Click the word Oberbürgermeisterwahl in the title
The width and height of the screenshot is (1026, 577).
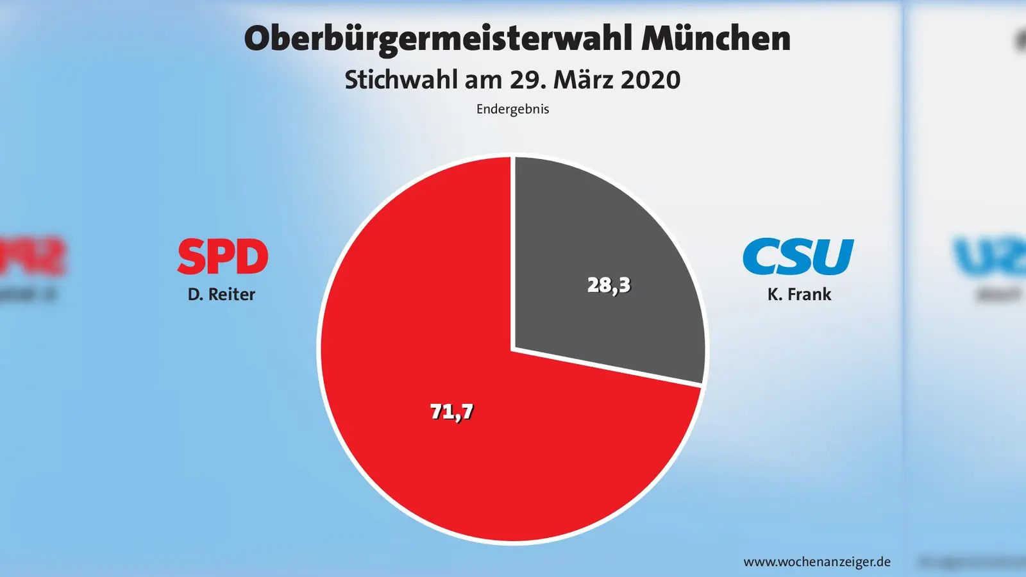pos(439,38)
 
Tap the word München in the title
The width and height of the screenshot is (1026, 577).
pos(716,38)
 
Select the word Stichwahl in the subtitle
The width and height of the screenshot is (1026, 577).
pos(401,80)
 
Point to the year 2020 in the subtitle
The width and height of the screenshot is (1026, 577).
pos(650,80)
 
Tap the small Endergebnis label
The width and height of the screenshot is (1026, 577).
pos(512,109)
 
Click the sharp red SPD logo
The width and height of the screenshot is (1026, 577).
pos(223,256)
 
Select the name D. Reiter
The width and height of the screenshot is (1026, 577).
pos(221,294)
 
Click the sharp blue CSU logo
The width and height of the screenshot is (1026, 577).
pos(798,256)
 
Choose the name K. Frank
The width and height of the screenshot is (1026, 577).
pos(799,294)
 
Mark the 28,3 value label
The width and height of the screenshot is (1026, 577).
pos(609,285)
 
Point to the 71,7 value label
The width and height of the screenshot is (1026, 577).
pos(451,412)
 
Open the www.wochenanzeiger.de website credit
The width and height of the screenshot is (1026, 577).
pos(817,562)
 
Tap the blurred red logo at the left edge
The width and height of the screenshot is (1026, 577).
pos(32,256)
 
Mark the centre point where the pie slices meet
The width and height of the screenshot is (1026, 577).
pos(513,349)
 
